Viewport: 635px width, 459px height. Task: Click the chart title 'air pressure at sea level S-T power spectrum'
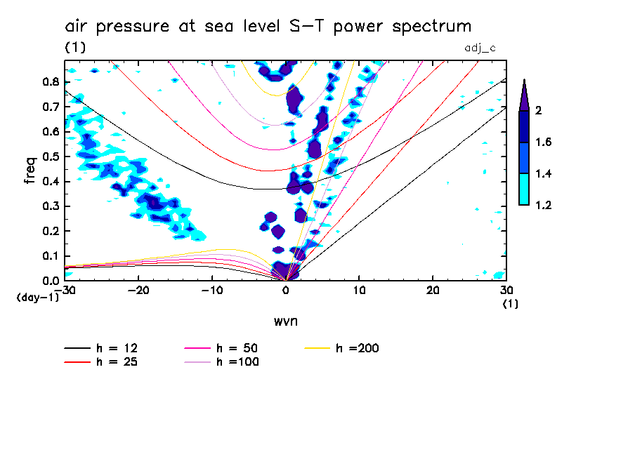coord(268,27)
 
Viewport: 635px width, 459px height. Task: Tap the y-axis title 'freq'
coord(30,171)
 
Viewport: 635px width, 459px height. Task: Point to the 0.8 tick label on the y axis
coord(49,81)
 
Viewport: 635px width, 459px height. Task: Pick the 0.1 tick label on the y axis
coord(49,256)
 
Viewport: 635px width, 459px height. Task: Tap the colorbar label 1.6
coord(544,142)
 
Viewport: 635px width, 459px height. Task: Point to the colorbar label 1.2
coord(544,205)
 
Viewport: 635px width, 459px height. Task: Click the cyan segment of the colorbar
coord(523,189)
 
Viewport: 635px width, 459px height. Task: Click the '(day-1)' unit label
coord(37,298)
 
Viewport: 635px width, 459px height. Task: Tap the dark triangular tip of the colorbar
coord(523,95)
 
